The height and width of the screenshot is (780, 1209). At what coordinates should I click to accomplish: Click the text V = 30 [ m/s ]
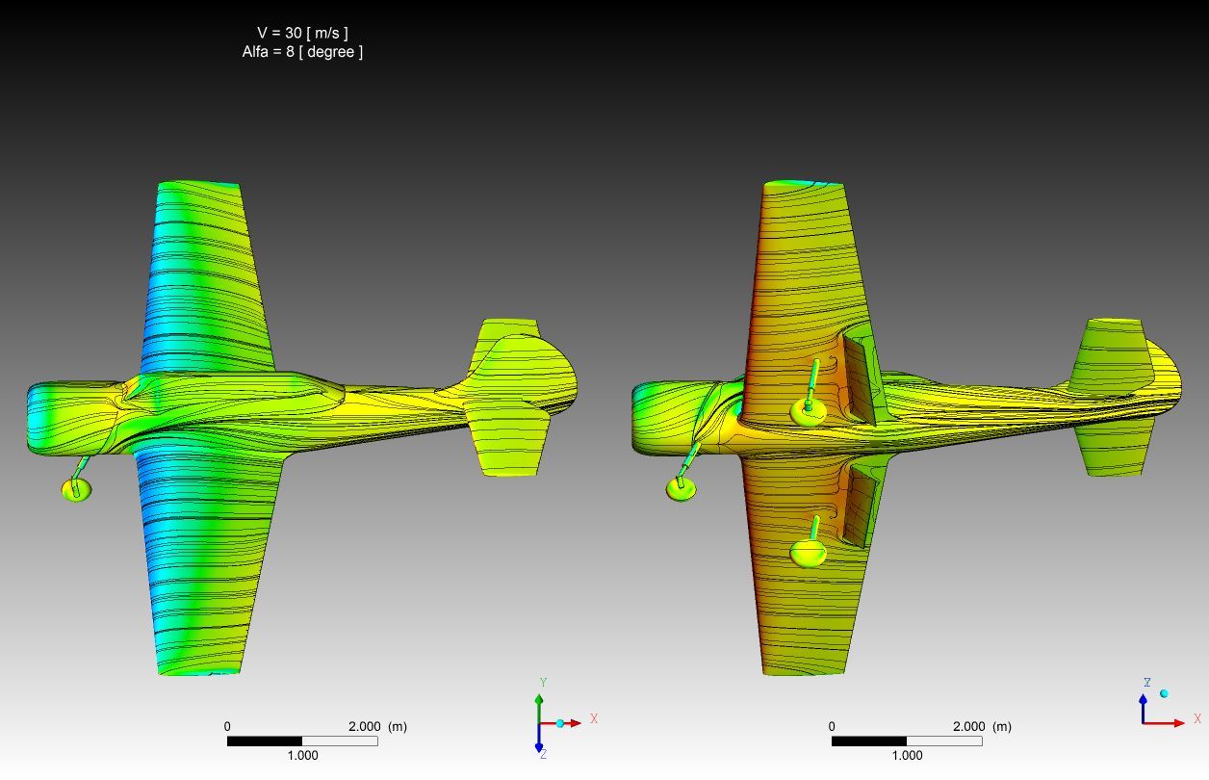pos(302,33)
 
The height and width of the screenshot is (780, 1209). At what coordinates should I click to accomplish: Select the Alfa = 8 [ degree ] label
pos(302,52)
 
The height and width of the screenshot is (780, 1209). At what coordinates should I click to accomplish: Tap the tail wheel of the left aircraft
pos(77,489)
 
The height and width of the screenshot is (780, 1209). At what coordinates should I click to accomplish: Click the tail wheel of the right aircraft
pos(682,489)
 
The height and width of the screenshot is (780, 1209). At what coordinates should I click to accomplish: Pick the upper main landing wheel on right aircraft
pos(808,412)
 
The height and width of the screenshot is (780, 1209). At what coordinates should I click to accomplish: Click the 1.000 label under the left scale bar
pos(302,755)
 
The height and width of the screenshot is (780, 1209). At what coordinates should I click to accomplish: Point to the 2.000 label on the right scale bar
pos(968,726)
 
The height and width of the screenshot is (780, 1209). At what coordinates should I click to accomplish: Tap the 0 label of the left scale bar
pos(227,726)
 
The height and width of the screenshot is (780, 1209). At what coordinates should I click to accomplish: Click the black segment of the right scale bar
pos(869,741)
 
